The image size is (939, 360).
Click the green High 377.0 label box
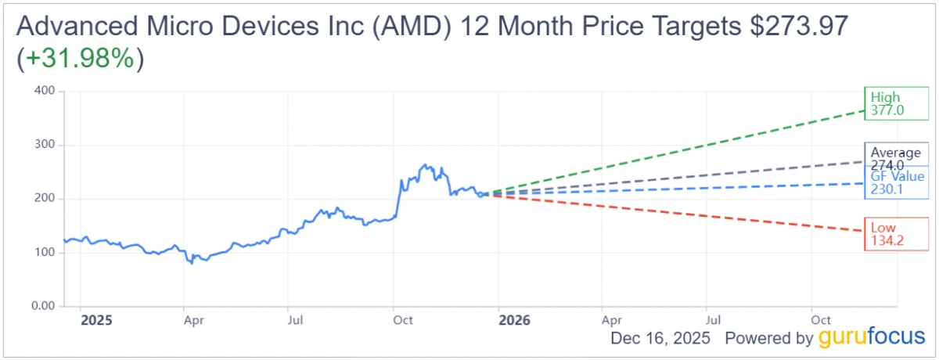(x=895, y=104)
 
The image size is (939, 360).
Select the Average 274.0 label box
(x=895, y=159)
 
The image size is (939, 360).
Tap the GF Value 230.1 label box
(x=895, y=182)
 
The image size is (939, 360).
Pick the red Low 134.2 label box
(x=895, y=233)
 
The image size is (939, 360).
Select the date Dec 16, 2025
(x=660, y=339)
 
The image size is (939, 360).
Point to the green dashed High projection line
(x=704, y=146)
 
